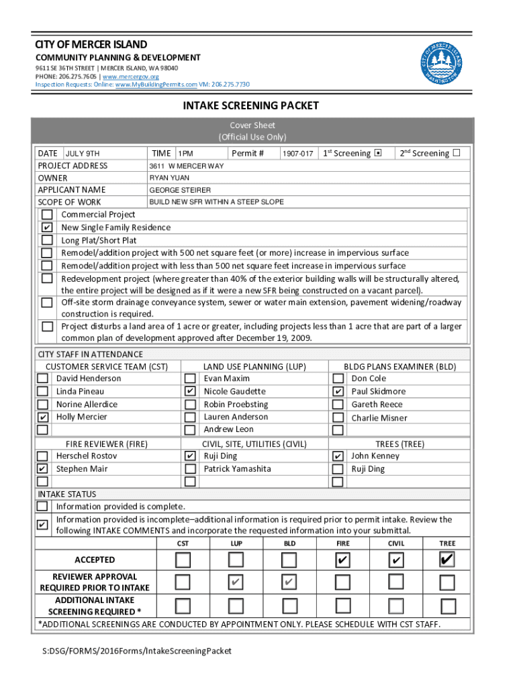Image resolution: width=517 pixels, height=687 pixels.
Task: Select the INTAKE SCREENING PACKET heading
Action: [x=251, y=106]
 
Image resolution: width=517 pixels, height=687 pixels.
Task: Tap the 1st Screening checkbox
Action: [x=377, y=153]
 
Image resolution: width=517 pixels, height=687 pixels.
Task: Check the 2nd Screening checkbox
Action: [x=457, y=152]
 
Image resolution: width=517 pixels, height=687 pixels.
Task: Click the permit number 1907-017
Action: [x=297, y=154]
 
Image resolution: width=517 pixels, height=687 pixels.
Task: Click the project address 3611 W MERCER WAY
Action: [x=186, y=166]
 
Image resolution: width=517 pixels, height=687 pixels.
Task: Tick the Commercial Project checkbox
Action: [x=47, y=215]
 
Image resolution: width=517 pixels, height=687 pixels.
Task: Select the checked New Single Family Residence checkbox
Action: [x=47, y=227]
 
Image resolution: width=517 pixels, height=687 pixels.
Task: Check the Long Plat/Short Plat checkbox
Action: [x=47, y=240]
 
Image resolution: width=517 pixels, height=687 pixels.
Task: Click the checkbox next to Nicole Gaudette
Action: [x=190, y=391]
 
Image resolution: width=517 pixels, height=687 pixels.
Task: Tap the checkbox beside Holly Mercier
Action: [x=42, y=417]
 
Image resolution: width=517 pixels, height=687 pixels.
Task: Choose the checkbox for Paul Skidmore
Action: [x=338, y=391]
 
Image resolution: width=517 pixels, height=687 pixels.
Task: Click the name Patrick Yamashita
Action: [x=237, y=469]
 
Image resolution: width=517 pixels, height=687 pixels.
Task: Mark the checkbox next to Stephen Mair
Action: [x=42, y=469]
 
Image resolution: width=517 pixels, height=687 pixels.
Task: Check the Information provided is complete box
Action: [x=42, y=507]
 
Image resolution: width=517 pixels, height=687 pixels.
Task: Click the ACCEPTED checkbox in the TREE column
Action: [x=447, y=560]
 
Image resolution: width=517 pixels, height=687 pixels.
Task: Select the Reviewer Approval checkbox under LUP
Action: [x=236, y=582]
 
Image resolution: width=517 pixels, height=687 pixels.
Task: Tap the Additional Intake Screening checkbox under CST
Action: [x=183, y=606]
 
